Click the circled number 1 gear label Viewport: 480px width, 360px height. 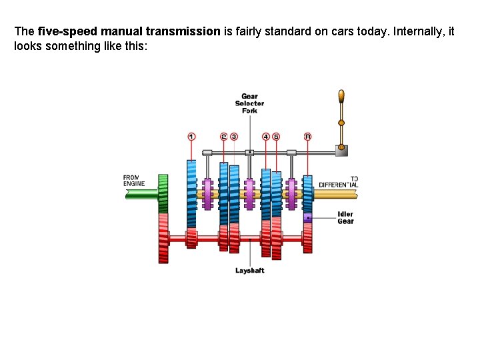(192, 137)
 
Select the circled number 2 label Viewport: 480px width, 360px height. (223, 137)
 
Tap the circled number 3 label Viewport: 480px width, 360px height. (233, 137)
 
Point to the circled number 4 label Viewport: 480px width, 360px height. (266, 137)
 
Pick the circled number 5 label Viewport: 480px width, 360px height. (276, 137)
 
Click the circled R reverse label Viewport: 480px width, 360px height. (307, 137)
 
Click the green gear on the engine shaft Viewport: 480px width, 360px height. (163, 193)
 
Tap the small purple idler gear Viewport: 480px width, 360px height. (307, 217)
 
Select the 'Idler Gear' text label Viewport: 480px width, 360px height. (345, 218)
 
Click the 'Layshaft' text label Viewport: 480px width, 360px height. (249, 270)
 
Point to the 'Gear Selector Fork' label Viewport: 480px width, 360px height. (249, 103)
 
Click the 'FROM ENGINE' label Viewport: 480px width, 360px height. (133, 181)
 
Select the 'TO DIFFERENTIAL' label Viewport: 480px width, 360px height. (338, 181)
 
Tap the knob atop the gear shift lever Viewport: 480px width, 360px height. (341, 97)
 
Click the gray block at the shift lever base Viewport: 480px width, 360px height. (341, 151)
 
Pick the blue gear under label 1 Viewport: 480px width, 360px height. (191, 193)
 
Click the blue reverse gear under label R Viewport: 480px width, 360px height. (307, 189)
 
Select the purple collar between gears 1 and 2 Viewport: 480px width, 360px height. (207, 194)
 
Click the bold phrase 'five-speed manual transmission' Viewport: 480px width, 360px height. (129, 31)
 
